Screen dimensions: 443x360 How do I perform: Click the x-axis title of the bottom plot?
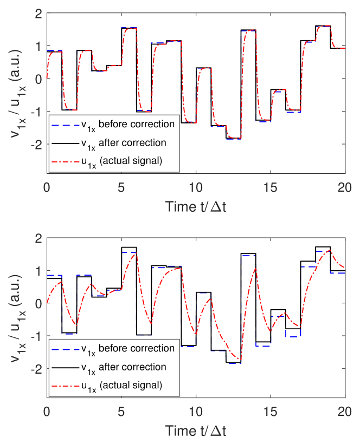(x=196, y=431)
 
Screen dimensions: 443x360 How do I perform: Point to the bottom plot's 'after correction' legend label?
(x=121, y=367)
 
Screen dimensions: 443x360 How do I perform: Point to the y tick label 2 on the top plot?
(x=38, y=14)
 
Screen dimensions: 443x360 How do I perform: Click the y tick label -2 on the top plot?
(x=36, y=144)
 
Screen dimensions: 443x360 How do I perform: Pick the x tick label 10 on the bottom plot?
(x=196, y=412)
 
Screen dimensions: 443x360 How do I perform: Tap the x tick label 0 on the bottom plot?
(x=47, y=412)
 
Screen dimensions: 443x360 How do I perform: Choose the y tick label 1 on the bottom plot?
(x=38, y=271)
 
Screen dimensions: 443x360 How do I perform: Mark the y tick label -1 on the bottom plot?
(x=36, y=336)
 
